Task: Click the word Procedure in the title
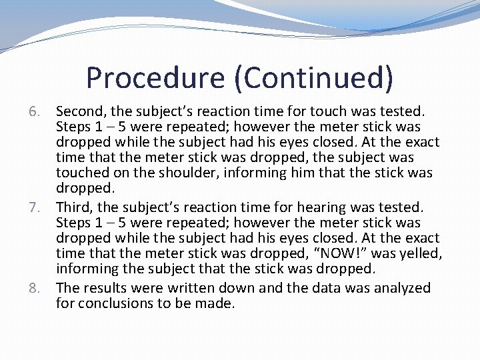click(155, 77)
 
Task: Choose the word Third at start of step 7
click(74, 207)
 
